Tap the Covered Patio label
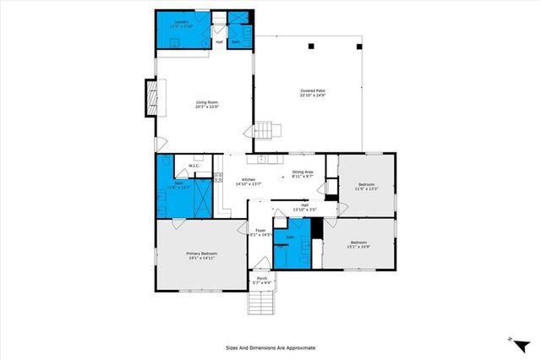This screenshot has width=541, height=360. [313, 93]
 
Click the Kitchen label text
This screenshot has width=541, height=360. [249, 181]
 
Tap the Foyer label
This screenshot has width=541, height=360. [260, 232]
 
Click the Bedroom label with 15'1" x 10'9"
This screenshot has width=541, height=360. [359, 244]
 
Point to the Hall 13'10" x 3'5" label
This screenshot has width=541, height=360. [304, 206]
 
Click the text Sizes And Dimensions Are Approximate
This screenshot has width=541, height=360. [270, 346]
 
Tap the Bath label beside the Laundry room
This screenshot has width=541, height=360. [236, 41]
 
